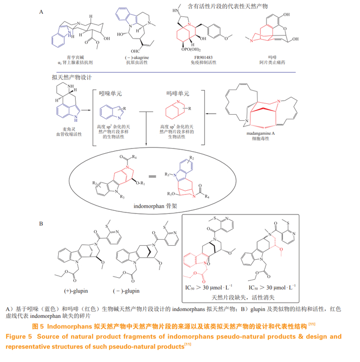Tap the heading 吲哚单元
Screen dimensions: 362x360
coord(112,95)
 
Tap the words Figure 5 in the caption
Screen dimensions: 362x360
coord(21,336)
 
